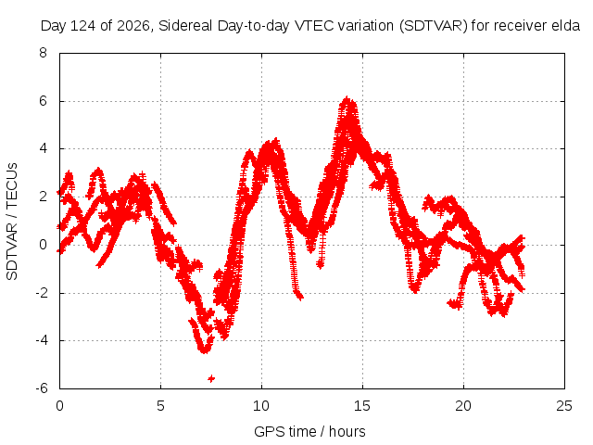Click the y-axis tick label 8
click(43, 53)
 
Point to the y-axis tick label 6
click(43, 101)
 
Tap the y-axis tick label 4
click(43, 148)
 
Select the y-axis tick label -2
click(41, 293)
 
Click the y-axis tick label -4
click(41, 340)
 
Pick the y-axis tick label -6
click(41, 388)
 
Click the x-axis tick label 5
click(160, 406)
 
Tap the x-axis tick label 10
click(261, 406)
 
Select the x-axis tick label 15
click(362, 406)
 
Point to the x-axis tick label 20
click(463, 406)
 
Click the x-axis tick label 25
click(564, 406)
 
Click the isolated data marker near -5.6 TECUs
click(211, 378)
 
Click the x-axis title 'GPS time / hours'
click(309, 431)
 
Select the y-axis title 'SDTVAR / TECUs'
click(12, 222)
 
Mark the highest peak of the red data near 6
click(347, 98)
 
